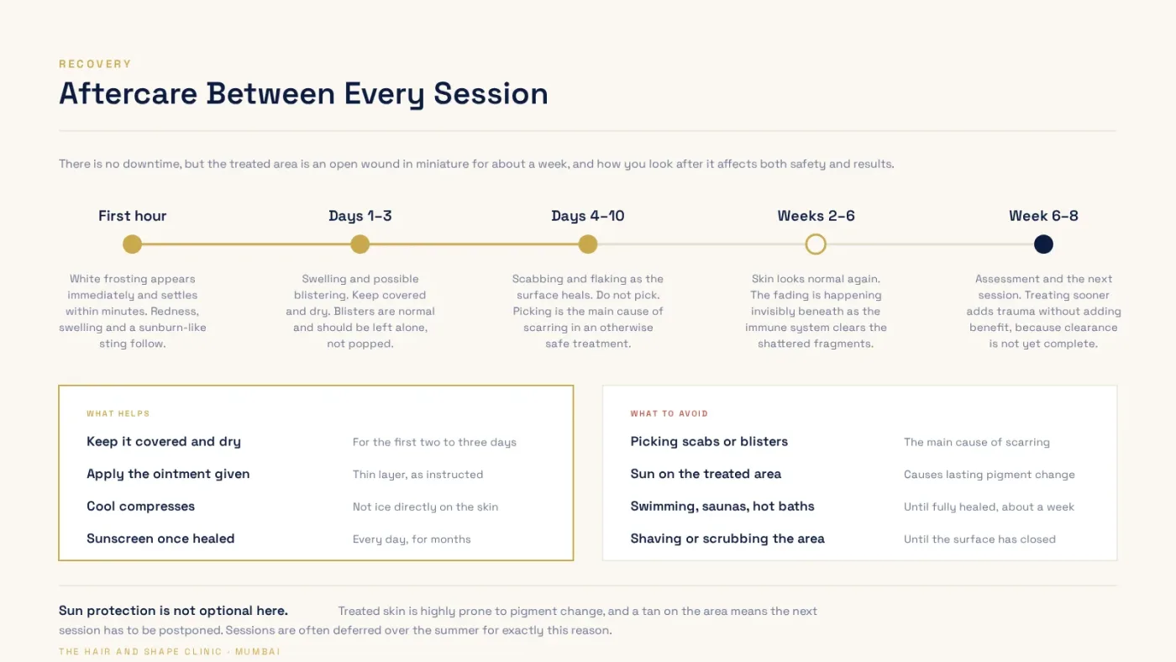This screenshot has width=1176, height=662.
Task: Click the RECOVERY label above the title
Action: pos(95,64)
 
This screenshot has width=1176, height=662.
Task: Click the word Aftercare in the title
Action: pos(128,93)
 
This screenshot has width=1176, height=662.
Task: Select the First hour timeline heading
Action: pos(133,216)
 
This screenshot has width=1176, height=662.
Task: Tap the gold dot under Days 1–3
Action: pos(360,244)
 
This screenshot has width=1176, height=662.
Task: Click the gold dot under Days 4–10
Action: pos(588,244)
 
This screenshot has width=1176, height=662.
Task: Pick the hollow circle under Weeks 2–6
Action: pos(816,234)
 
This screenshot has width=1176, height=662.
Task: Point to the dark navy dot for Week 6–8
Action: pos(1043,244)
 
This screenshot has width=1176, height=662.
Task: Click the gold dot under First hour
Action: pos(133,244)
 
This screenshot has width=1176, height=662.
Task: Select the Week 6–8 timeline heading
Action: pos(1043,216)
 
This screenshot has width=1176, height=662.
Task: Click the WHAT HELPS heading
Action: pos(118,413)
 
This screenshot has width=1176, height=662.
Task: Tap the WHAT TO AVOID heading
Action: pos(669,413)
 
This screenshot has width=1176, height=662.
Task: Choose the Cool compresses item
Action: pos(141,506)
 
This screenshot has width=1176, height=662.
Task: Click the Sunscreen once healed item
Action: pos(160,539)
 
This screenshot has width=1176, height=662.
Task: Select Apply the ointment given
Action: pos(168,474)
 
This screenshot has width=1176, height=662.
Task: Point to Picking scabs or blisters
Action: pos(709,442)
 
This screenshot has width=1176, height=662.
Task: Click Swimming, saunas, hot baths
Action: pos(722,507)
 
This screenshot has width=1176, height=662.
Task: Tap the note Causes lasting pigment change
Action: pos(990,475)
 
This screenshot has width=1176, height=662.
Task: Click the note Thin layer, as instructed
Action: pos(418,475)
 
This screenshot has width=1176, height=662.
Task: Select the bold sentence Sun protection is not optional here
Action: pos(173,611)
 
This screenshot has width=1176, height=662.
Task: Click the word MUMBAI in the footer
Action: pos(258,652)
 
